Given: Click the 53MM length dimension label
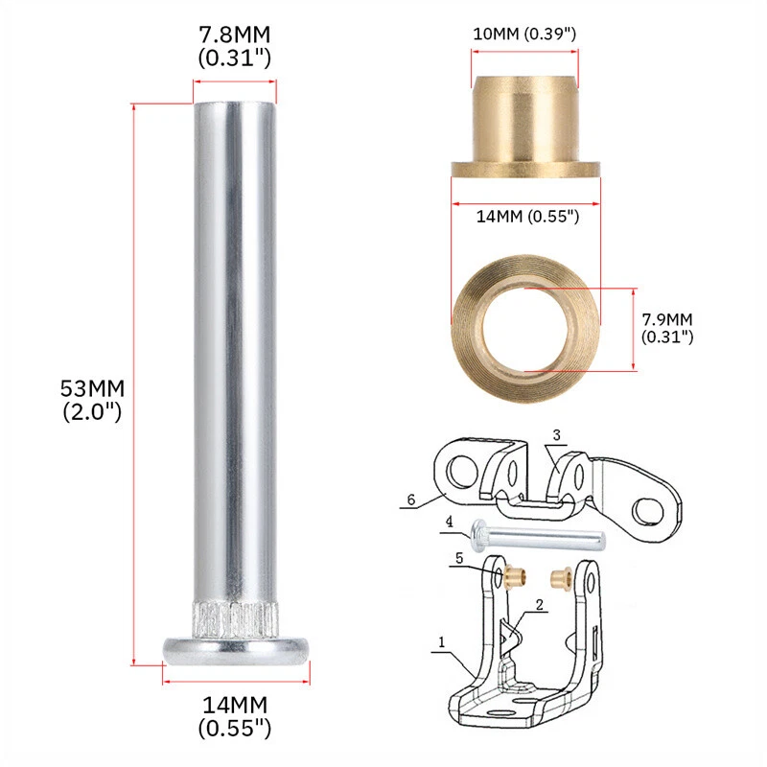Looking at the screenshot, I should click(92, 388).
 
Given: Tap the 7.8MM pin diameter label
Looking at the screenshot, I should click(234, 35).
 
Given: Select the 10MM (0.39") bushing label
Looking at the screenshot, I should click(524, 35).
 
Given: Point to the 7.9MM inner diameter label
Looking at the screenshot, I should click(668, 316).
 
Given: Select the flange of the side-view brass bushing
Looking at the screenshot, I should click(525, 170).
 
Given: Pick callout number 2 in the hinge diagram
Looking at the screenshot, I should click(540, 605).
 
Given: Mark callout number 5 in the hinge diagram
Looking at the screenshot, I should click(459, 555).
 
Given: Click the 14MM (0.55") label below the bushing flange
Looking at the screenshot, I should click(526, 217).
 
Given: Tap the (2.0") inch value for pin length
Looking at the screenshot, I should click(93, 413).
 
